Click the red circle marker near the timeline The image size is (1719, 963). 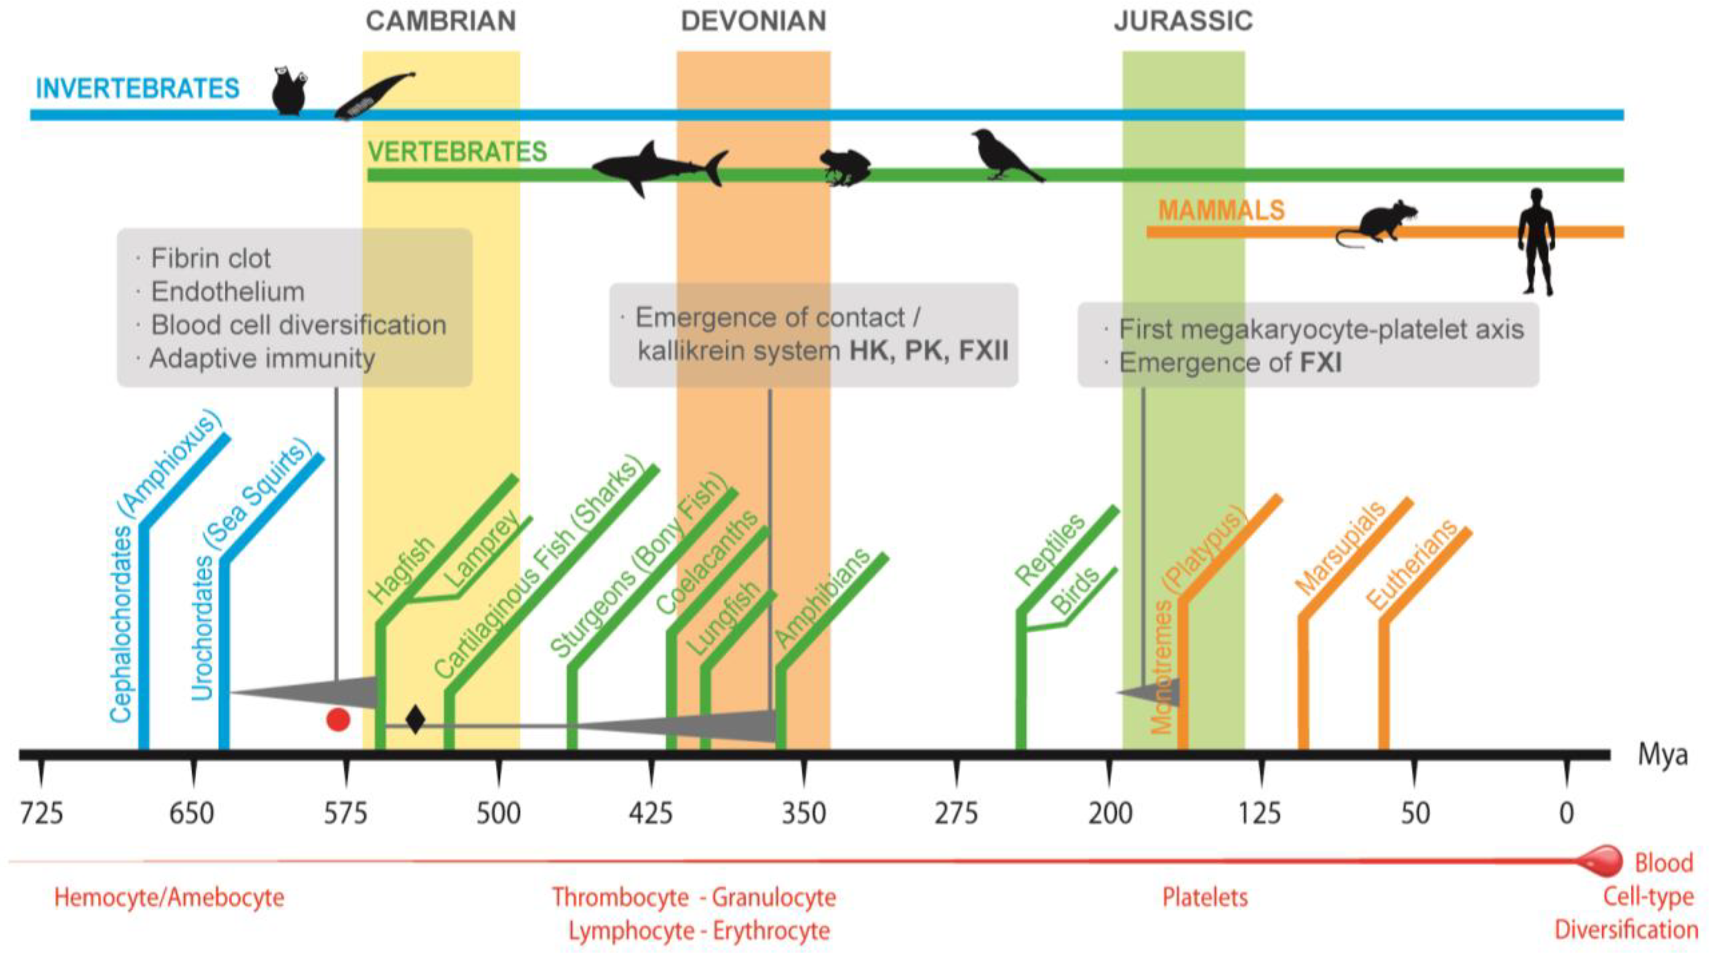pos(338,720)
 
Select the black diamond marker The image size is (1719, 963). pos(415,720)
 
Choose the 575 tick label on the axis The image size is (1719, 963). pos(346,813)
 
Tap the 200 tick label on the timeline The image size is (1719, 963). pos(1110,813)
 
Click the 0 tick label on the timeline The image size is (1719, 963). pos(1566,813)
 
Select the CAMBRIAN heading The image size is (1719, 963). pos(441,21)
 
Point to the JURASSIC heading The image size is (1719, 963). pos(1183,21)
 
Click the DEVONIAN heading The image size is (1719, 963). pos(753,21)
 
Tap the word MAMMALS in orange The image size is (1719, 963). pos(1221,210)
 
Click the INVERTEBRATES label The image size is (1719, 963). pos(138,89)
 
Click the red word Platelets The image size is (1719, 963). pos(1205,898)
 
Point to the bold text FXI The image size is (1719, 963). pos(1321,363)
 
